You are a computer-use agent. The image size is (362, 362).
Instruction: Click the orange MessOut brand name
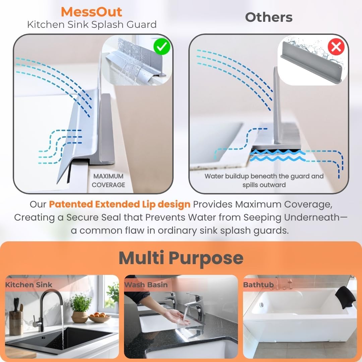point(92,12)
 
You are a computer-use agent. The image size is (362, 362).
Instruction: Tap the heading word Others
point(269,17)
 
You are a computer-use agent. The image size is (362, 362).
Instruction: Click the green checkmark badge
point(162,47)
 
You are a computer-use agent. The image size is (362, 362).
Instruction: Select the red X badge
point(336,47)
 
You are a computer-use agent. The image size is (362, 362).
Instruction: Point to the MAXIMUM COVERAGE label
point(108,181)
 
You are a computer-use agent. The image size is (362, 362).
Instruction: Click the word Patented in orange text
point(71,204)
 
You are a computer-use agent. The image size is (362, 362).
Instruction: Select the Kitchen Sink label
point(28,285)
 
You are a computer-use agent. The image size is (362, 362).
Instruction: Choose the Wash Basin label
point(146,285)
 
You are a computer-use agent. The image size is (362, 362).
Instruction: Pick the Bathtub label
point(258,285)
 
